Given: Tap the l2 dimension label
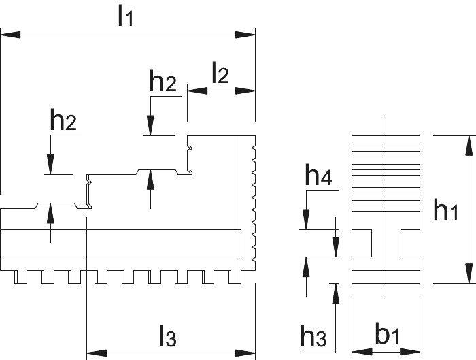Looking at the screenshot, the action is (x=220, y=73).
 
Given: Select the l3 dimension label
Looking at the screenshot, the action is (x=168, y=336).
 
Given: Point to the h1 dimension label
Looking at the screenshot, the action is (x=445, y=209).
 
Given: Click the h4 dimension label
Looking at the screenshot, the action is (x=318, y=175).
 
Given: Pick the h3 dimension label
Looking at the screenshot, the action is (x=313, y=336).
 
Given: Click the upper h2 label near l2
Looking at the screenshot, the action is (x=163, y=81).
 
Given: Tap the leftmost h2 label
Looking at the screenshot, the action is (x=63, y=119).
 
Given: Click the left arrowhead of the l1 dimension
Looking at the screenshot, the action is (x=11, y=35).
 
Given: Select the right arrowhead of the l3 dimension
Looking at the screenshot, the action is (x=245, y=353).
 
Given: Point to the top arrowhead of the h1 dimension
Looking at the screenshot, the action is (x=469, y=146).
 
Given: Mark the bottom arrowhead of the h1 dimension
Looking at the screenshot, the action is (x=469, y=274).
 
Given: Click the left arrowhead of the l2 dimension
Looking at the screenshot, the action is (x=197, y=91).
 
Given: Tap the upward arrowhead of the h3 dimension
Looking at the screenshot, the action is (x=335, y=293).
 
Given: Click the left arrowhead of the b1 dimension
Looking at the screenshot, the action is (x=362, y=352).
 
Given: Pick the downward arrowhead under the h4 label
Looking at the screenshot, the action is (x=306, y=220).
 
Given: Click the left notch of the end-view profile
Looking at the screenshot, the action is (x=362, y=243).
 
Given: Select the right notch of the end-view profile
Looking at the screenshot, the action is (x=411, y=243).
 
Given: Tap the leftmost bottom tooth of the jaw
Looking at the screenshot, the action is (x=20, y=277).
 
